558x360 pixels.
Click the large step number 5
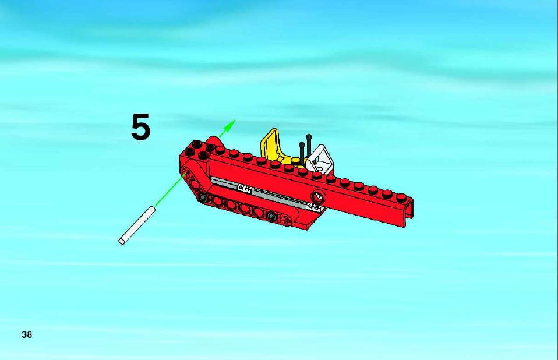point(141,127)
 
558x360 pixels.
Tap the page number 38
point(27,335)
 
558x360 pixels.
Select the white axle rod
point(137,225)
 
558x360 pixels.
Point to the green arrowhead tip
point(235,120)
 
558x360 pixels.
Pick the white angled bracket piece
point(319,158)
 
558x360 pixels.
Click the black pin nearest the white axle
point(203,197)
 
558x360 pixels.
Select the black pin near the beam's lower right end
point(271,216)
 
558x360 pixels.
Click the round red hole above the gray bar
point(317,196)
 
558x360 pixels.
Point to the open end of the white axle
point(122,242)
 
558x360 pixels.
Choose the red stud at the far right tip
point(402,198)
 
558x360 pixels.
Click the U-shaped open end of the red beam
point(409,213)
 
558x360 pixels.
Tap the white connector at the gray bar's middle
point(245,188)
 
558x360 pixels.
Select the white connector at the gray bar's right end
point(315,207)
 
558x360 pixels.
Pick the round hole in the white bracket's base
point(320,168)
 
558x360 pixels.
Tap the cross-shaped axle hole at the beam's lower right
point(286,221)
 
